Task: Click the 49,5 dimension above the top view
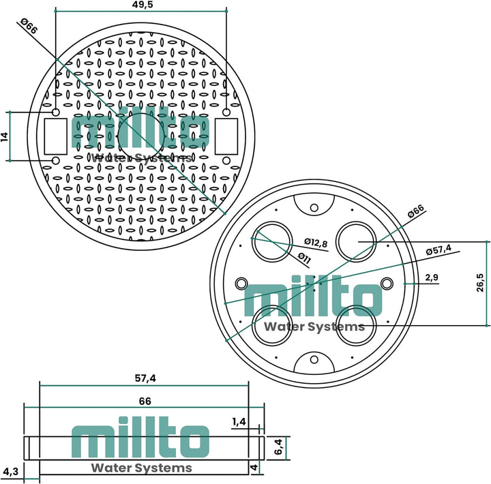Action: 141,5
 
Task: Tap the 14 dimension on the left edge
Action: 5,136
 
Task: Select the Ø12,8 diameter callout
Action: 316,242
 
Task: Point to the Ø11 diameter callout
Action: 304,257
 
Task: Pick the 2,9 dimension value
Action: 431,277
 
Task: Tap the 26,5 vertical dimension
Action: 481,283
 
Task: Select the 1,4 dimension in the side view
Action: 239,422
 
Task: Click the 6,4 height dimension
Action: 278,447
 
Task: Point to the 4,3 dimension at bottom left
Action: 10,471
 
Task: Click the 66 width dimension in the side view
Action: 145,402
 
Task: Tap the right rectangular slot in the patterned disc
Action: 226,136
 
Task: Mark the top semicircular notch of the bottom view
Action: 314,205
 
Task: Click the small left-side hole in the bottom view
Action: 241,282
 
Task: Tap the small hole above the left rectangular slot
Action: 55,112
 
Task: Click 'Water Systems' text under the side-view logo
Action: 141,468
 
